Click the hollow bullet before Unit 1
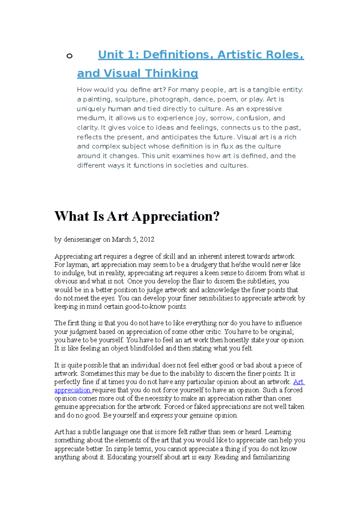(69, 56)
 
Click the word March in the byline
(121, 240)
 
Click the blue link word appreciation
(72, 390)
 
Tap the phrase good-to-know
(146, 307)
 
